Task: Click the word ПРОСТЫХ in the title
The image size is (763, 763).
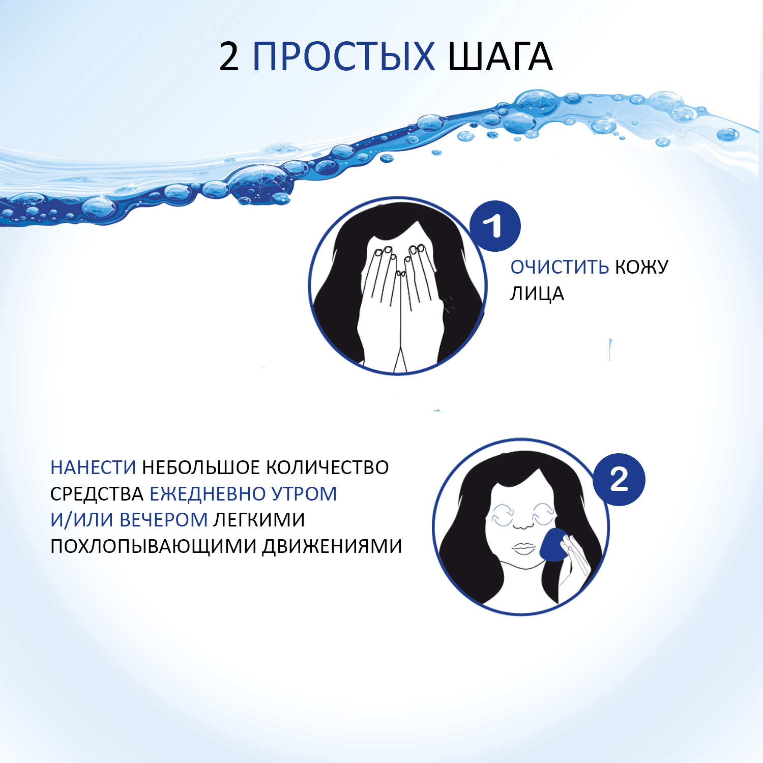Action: [x=344, y=56]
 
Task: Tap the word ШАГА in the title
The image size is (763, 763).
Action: [x=500, y=56]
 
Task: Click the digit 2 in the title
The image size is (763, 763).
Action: [x=229, y=56]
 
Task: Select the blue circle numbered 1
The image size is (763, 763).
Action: [x=495, y=226]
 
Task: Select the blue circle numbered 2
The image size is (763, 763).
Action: [x=619, y=479]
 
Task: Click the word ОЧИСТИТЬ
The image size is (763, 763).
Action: [x=560, y=267]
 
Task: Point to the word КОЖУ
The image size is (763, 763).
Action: [x=642, y=267]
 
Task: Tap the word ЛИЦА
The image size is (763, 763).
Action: [x=537, y=294]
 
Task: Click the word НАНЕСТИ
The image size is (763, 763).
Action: [x=93, y=467]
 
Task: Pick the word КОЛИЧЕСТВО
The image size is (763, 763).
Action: [x=328, y=467]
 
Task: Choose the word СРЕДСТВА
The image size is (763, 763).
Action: [x=97, y=494]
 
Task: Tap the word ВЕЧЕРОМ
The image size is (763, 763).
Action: [x=163, y=520]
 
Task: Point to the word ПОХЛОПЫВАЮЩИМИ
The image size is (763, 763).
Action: [x=154, y=546]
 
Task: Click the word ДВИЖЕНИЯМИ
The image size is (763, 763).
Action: [x=332, y=546]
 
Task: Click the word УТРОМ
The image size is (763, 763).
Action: [x=304, y=494]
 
